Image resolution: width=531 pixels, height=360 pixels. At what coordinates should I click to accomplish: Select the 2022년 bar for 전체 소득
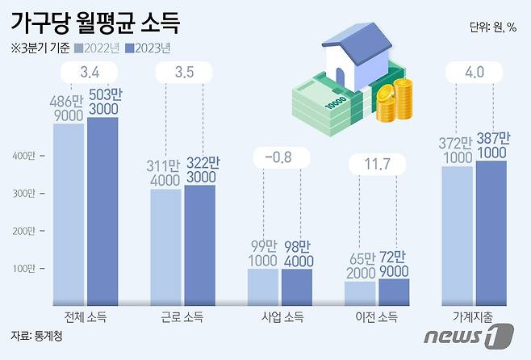[x=69, y=214]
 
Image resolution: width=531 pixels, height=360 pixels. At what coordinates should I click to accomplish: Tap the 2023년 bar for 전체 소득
[x=102, y=211]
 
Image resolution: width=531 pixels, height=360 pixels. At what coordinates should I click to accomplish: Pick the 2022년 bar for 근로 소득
[x=166, y=247]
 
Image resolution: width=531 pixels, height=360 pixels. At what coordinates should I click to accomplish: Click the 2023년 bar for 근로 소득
[x=199, y=245]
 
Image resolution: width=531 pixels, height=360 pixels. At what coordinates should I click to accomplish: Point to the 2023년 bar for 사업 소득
[x=296, y=287]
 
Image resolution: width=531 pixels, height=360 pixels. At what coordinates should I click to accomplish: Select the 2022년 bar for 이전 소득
[x=359, y=293]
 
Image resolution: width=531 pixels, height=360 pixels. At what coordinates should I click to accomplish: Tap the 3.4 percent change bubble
[x=90, y=75]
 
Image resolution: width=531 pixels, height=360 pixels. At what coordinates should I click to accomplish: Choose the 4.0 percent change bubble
[x=475, y=75]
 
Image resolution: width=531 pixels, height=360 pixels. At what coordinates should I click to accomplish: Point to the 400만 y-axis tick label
[x=24, y=155]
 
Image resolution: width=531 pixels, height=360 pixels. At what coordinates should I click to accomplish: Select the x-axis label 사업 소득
[x=279, y=317]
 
